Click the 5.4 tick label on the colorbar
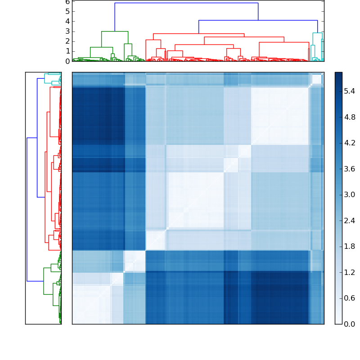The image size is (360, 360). point(350,91)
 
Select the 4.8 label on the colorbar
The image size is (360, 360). point(350,117)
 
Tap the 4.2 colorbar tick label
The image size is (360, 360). point(350,143)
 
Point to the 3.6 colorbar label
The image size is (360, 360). point(350,169)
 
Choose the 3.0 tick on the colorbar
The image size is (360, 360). point(350,195)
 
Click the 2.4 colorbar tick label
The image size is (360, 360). point(350,220)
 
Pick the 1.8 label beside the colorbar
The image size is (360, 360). point(350,247)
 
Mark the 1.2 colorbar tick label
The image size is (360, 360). point(350,272)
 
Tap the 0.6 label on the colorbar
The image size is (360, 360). point(350,298)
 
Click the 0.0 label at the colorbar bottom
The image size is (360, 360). point(350,324)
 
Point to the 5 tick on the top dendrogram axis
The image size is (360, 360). point(67,11)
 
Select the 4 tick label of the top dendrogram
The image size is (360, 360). point(67,21)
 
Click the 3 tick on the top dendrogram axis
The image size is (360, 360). point(67,31)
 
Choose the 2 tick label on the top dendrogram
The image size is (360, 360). point(67,41)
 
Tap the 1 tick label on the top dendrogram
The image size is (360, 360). point(67,51)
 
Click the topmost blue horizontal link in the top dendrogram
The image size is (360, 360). point(186,3)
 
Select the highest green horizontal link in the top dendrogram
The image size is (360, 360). point(115,31)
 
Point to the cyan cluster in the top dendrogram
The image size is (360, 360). point(317,33)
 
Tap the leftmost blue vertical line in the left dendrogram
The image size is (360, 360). point(27,209)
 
